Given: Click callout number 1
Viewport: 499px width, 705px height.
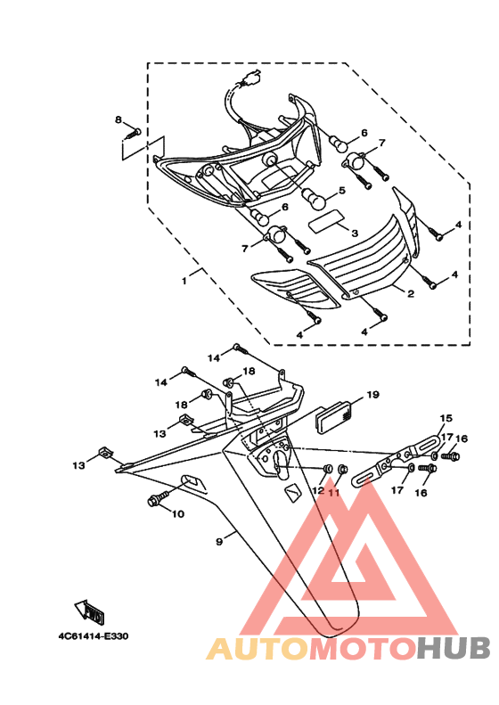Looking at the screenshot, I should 184,280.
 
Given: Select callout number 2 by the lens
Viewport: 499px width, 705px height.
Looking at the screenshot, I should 411,292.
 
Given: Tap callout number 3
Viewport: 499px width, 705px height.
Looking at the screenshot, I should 354,233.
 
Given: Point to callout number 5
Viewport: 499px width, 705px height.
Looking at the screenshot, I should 341,191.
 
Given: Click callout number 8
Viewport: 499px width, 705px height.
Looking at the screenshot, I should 118,119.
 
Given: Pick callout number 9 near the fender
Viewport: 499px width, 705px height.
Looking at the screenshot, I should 218,539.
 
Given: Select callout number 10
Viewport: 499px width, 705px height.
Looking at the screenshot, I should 176,513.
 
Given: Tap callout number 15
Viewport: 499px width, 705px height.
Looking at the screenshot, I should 446,418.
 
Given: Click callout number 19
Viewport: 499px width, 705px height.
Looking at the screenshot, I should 372,394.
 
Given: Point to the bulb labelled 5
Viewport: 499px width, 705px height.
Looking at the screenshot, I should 313,194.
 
